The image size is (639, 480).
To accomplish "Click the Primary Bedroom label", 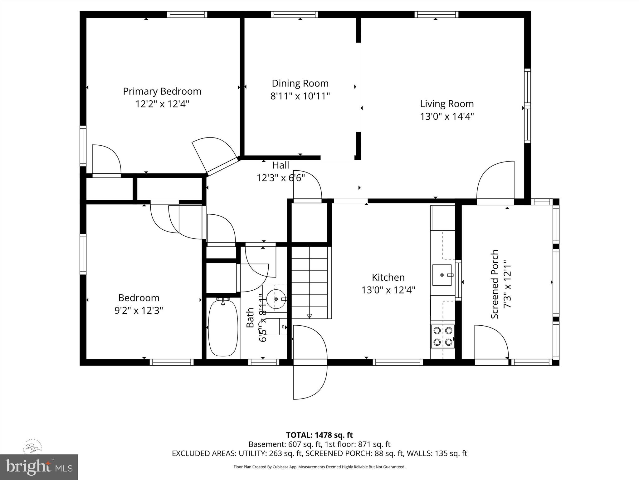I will (x=162, y=91).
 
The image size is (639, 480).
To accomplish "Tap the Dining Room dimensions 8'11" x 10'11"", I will (x=300, y=96).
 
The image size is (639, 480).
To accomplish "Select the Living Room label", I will (x=446, y=104).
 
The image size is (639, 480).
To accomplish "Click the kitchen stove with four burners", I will (x=443, y=336).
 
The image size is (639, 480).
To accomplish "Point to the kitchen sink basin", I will (x=442, y=275).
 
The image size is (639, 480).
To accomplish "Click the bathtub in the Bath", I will (x=223, y=327).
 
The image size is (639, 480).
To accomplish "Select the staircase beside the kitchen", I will (x=310, y=282).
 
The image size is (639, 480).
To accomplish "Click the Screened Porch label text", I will (x=495, y=284).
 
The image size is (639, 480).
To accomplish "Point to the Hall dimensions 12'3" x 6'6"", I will (x=280, y=178).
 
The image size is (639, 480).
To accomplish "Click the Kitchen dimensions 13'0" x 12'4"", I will (x=388, y=290).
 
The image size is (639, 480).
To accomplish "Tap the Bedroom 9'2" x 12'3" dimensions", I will (x=139, y=311).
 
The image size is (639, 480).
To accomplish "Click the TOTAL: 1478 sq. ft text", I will (x=319, y=435).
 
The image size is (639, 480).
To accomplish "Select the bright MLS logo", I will (x=39, y=467).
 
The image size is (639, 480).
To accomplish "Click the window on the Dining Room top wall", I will (x=295, y=14).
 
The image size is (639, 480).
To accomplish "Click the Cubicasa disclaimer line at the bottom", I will (x=319, y=467).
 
